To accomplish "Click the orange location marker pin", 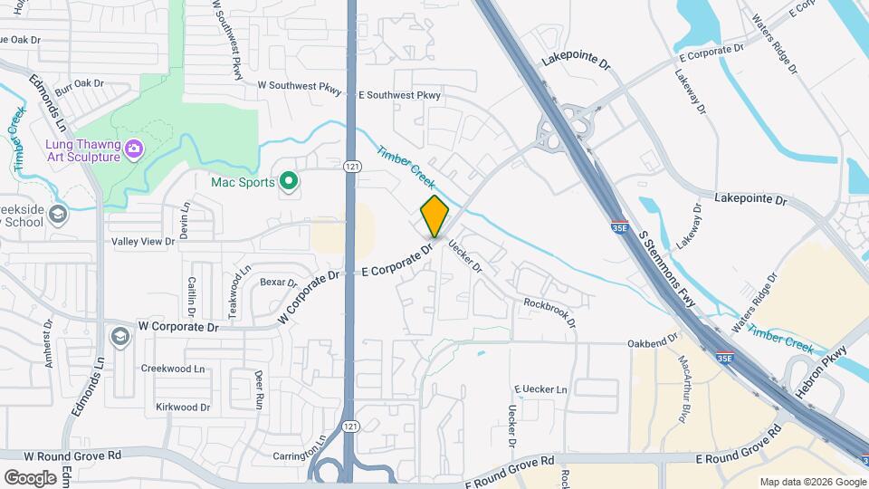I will click(434, 216).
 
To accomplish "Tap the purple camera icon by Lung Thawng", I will click(134, 149).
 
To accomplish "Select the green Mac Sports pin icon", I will click(289, 182).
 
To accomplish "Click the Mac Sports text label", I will click(243, 182).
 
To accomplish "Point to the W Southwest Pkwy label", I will click(300, 87).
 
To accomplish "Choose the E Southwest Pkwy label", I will click(399, 94).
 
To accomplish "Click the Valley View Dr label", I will click(142, 242).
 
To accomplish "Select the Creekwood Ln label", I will click(173, 369).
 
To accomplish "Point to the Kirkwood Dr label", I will click(182, 407).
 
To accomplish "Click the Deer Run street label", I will click(259, 387).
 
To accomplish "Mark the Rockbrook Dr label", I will click(549, 310).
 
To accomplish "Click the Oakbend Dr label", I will click(653, 342).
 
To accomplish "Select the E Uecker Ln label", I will click(540, 389).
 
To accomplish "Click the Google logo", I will click(30, 477).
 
